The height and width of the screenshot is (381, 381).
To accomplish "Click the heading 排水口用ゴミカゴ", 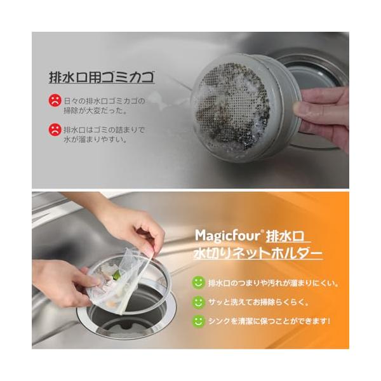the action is point(102,77).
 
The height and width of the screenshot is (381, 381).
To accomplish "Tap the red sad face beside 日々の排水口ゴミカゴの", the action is point(55,100).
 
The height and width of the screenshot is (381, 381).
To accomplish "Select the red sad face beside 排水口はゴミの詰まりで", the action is point(55,130).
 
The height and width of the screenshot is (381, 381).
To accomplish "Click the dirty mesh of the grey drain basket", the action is point(233,107).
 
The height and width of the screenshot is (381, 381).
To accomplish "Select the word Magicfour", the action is point(228,236).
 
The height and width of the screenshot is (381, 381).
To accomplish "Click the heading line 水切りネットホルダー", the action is point(258,253).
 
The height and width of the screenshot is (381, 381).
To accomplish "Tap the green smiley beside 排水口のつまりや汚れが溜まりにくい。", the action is point(198,283).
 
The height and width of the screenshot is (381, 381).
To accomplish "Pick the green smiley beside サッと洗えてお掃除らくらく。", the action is point(198,302).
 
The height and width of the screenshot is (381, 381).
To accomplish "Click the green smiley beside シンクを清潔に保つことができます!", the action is point(198,321).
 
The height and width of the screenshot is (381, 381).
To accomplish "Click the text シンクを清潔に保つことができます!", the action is point(269,321).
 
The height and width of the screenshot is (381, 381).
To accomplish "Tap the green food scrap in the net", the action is point(117,276).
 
